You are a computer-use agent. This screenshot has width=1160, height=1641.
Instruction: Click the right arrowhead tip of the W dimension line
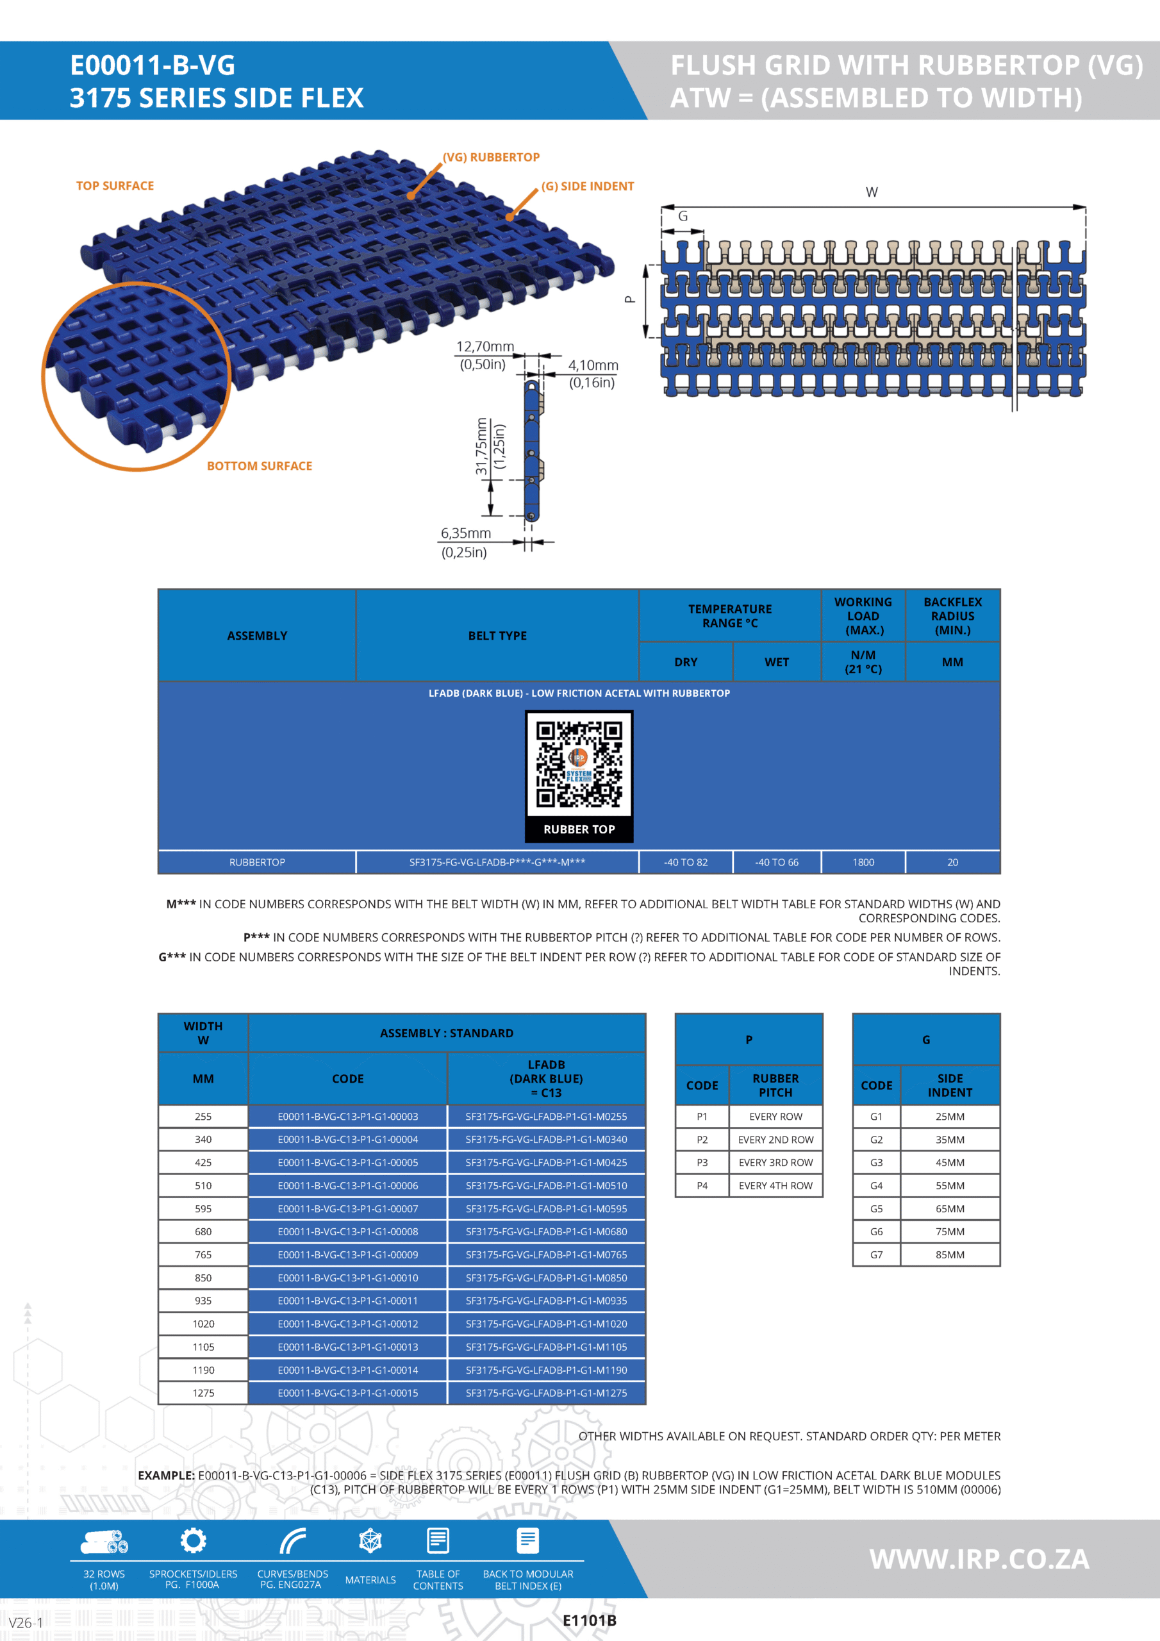click(x=1086, y=207)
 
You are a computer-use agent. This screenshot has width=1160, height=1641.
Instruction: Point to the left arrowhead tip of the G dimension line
click(x=662, y=231)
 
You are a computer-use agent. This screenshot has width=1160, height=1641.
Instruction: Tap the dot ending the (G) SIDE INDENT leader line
click(x=510, y=217)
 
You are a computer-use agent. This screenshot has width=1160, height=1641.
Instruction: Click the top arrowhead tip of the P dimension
click(x=645, y=265)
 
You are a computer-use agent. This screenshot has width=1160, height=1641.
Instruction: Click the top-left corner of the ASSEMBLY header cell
click(x=159, y=590)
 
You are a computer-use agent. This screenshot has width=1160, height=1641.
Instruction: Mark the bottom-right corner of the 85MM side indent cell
click(x=999, y=1266)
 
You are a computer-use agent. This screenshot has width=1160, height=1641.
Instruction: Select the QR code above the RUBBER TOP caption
click(x=579, y=763)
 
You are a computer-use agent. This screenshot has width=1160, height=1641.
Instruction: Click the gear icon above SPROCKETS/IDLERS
click(x=193, y=1540)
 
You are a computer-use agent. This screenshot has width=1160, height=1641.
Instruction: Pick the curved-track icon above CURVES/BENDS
click(x=292, y=1541)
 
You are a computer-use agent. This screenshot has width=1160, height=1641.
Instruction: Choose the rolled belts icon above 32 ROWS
click(x=104, y=1542)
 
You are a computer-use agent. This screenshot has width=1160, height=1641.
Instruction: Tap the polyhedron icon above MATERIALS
click(x=370, y=1541)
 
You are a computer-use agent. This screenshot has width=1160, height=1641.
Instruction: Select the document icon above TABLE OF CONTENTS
click(x=438, y=1541)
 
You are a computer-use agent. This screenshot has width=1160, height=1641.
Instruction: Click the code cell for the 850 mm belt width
click(x=348, y=1278)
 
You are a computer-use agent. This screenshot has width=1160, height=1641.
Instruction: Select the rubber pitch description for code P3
click(x=775, y=1163)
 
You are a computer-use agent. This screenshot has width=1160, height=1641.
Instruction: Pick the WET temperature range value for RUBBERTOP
click(x=777, y=863)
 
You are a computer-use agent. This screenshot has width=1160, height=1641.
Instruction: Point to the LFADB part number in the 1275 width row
click(x=546, y=1393)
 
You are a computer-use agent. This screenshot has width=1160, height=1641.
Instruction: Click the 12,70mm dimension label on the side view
click(x=485, y=347)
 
